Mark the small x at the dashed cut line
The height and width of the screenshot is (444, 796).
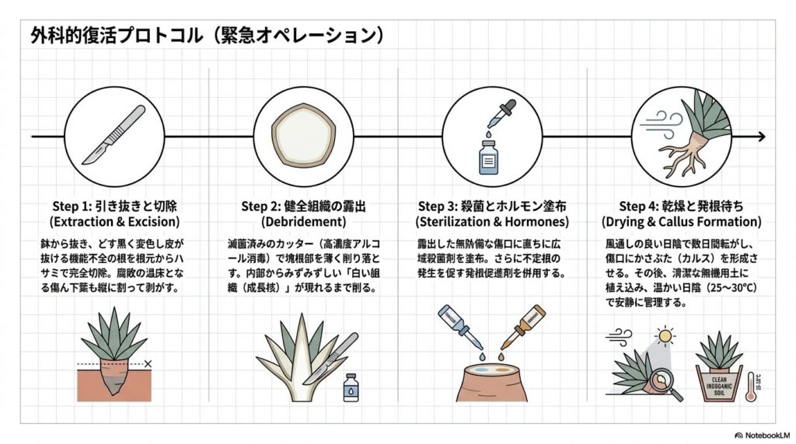pyautogui.click(x=148, y=363)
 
